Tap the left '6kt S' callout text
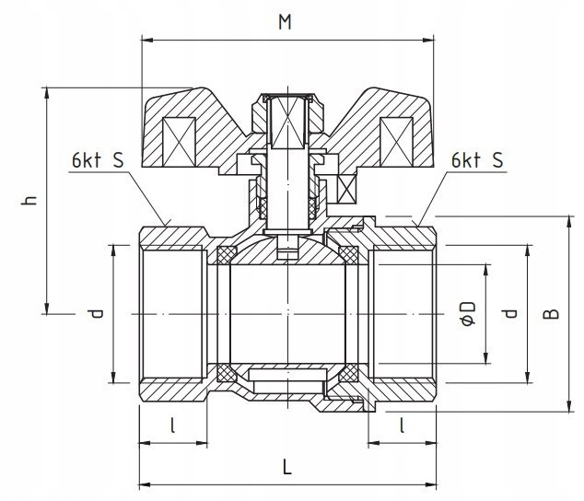[x=96, y=159]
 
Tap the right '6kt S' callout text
[x=477, y=159]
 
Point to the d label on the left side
[x=96, y=314]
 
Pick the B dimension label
[x=550, y=314]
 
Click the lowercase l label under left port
[x=172, y=425]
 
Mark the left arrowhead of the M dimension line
[x=145, y=40]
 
